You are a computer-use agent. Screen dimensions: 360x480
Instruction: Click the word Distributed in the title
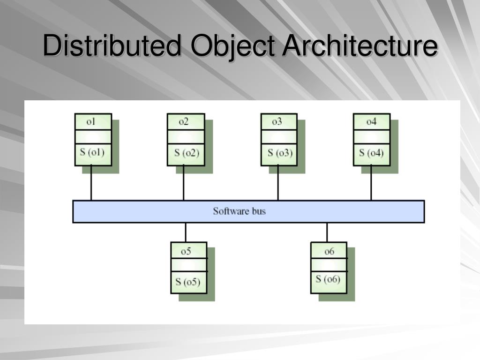[111, 46]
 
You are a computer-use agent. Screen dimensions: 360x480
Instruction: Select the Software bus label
[239, 211]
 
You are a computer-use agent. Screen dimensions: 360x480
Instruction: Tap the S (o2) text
[187, 153]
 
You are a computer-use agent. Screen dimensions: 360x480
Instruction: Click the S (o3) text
[280, 153]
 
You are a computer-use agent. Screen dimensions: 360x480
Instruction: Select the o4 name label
[371, 122]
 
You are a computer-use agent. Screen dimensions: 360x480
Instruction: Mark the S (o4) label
[371, 153]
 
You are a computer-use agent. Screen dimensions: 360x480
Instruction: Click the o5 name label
[186, 251]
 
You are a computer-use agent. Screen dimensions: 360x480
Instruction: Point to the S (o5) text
[187, 282]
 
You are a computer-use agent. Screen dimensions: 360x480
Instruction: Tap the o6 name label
[330, 251]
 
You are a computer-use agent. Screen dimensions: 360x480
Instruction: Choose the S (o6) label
[328, 279]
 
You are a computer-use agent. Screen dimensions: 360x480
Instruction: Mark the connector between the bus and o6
[327, 232]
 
